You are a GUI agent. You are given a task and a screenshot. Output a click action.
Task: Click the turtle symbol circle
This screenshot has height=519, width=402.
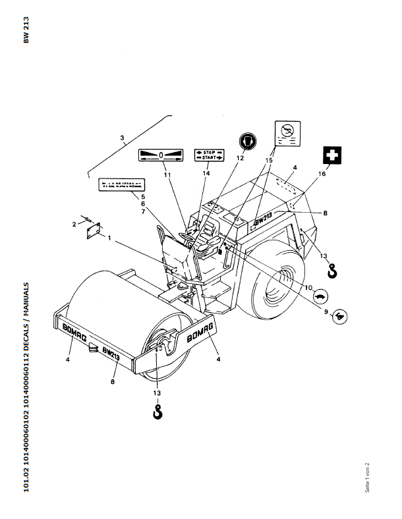[x=321, y=297]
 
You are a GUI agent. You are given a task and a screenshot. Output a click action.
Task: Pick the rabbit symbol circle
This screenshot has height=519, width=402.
[x=341, y=317]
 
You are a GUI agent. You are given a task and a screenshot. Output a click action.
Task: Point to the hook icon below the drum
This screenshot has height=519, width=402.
[x=157, y=413]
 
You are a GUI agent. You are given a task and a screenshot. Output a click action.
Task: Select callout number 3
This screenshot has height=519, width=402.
[x=123, y=138]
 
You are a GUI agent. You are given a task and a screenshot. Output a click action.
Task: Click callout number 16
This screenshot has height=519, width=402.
[x=322, y=175]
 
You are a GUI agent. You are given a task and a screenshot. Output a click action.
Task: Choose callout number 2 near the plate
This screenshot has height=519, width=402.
[x=74, y=225]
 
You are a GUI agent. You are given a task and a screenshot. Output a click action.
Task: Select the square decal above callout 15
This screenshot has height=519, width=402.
[x=287, y=133]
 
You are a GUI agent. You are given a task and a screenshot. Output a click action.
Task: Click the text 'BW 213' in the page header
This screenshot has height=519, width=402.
[x=26, y=30]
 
